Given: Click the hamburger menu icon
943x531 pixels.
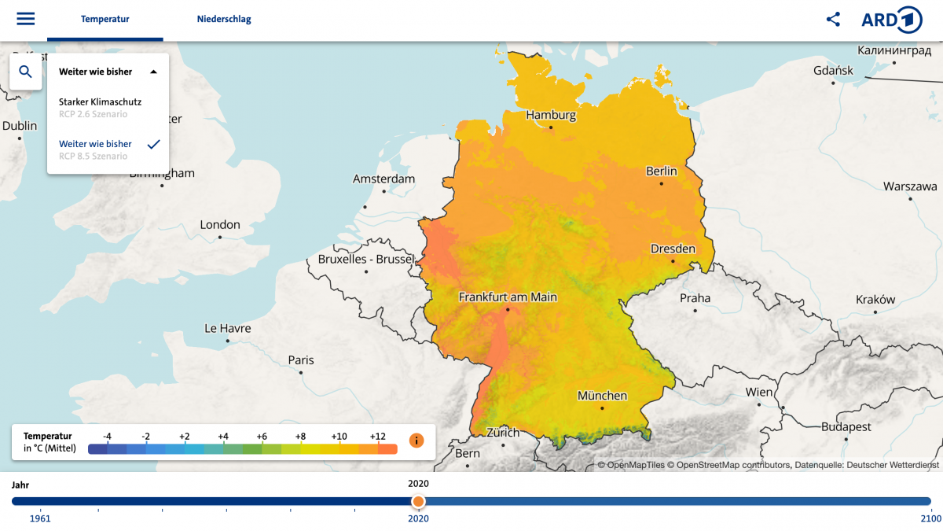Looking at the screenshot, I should (x=26, y=19).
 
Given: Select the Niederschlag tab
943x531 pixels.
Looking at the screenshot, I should (x=224, y=19).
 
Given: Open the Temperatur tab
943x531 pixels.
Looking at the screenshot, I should (x=105, y=19).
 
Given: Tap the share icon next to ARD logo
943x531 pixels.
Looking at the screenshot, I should (x=833, y=20).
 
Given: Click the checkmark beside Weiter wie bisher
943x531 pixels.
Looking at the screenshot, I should (x=154, y=144).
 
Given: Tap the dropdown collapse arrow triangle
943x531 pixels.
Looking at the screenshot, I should (x=154, y=72).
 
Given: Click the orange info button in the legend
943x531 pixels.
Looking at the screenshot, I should (x=416, y=441).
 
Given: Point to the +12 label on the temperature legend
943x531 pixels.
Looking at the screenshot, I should (x=377, y=436).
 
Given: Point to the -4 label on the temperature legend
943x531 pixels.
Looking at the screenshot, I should (x=107, y=436).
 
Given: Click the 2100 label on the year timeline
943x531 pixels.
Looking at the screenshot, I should (x=930, y=518).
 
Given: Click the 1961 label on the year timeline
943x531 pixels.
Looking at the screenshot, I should (x=40, y=518).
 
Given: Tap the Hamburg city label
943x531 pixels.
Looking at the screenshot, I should (x=551, y=115).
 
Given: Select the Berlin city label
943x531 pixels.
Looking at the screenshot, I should (x=661, y=171).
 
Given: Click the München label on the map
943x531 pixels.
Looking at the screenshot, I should (x=602, y=396).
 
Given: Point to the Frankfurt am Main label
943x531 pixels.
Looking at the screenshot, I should (x=508, y=297).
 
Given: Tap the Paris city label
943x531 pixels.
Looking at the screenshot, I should (x=300, y=360).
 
